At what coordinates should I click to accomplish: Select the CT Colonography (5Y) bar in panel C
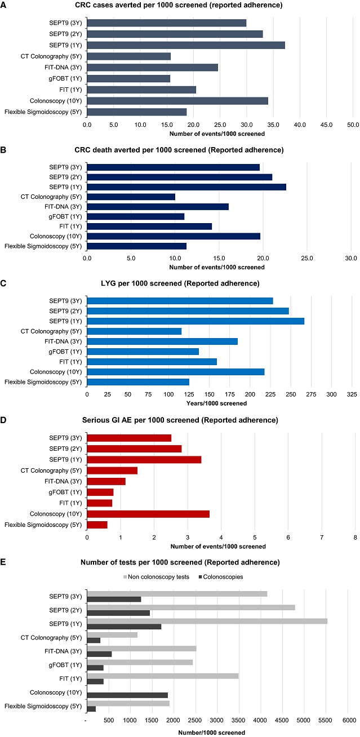coord(134,331)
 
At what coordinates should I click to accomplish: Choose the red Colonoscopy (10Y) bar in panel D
coord(148,514)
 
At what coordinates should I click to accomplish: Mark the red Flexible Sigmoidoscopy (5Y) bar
coord(97,525)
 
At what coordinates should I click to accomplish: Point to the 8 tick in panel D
coord(355,537)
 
